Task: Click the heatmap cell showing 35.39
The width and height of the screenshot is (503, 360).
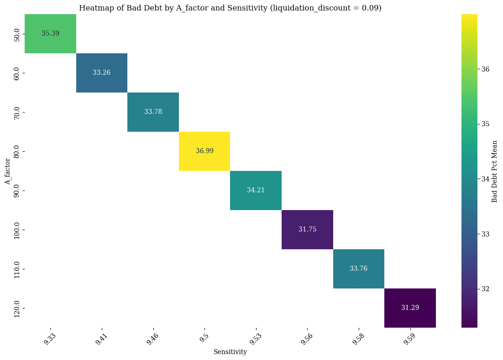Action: pyautogui.click(x=50, y=34)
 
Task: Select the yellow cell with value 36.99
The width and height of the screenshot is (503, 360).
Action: pyautogui.click(x=204, y=151)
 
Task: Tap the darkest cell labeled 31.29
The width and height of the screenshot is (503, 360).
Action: pyautogui.click(x=410, y=308)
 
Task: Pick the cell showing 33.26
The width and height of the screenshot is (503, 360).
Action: pyautogui.click(x=101, y=72)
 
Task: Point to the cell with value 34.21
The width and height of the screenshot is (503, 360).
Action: pyautogui.click(x=256, y=190)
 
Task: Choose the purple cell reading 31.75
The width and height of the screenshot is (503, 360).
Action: pyautogui.click(x=307, y=229)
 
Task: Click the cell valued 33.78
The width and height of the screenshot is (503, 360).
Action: pyautogui.click(x=153, y=112)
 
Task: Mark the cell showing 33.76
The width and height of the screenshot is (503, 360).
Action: pyautogui.click(x=359, y=268)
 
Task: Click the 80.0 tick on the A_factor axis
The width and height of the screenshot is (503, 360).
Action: pyautogui.click(x=17, y=151)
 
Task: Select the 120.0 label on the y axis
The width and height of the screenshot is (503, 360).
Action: pyautogui.click(x=17, y=308)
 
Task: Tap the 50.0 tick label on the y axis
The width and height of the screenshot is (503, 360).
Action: pyautogui.click(x=17, y=34)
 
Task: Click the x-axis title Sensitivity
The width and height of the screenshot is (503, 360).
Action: pyautogui.click(x=230, y=352)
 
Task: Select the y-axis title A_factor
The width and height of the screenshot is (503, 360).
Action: pyautogui.click(x=7, y=171)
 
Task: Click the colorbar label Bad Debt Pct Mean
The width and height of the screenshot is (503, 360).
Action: pyautogui.click(x=494, y=171)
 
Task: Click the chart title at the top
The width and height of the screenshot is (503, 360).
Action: pyautogui.click(x=230, y=8)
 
